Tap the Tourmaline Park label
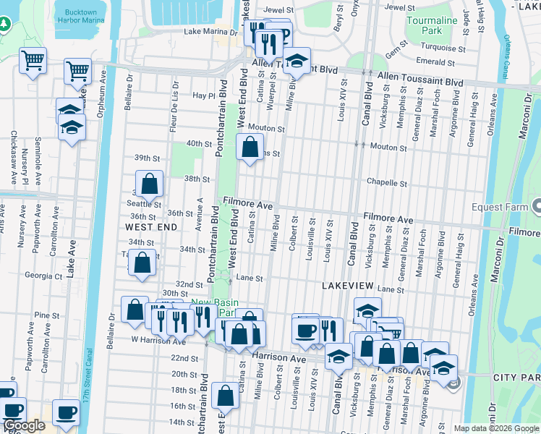click(432, 26)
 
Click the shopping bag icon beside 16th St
click(226, 396)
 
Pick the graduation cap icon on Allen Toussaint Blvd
click(296, 61)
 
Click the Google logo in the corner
click(24, 426)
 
